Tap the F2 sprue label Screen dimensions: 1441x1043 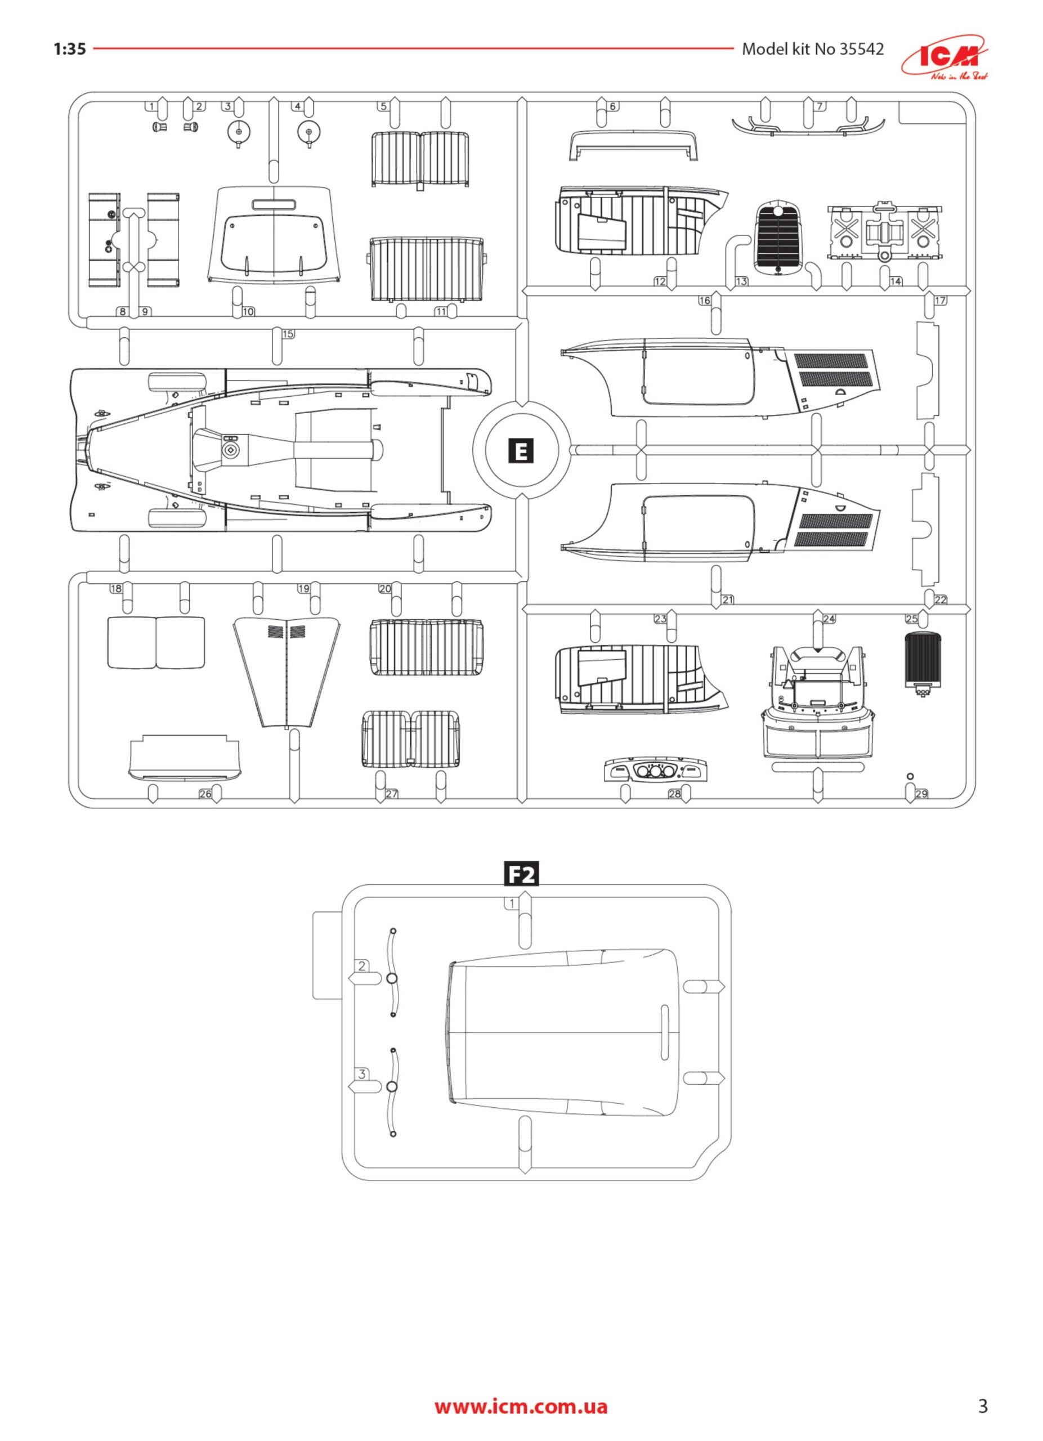click(x=521, y=875)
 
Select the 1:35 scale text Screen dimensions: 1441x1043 click(x=69, y=49)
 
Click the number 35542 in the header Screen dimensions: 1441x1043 click(x=861, y=49)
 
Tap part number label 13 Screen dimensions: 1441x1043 click(x=741, y=281)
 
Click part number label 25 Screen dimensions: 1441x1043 click(x=911, y=618)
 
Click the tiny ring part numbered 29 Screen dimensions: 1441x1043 click(x=910, y=776)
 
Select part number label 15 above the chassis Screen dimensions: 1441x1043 click(x=288, y=334)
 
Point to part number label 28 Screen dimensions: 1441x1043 click(x=674, y=794)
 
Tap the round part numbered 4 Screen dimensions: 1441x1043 click(x=308, y=133)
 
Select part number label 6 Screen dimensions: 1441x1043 click(x=613, y=106)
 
